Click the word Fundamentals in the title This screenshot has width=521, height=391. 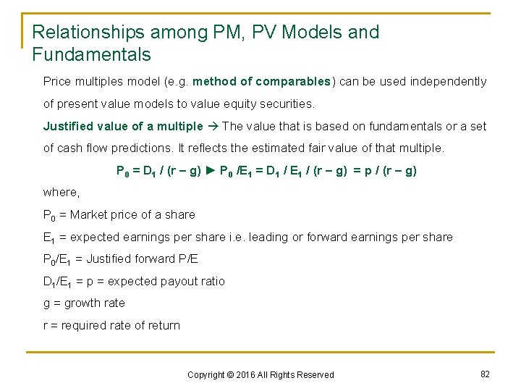tap(91, 54)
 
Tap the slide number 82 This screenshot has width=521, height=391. tap(485, 374)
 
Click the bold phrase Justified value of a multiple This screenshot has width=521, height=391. tap(123, 126)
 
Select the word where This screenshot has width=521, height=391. tap(61, 193)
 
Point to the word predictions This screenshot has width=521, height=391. tap(147, 148)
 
